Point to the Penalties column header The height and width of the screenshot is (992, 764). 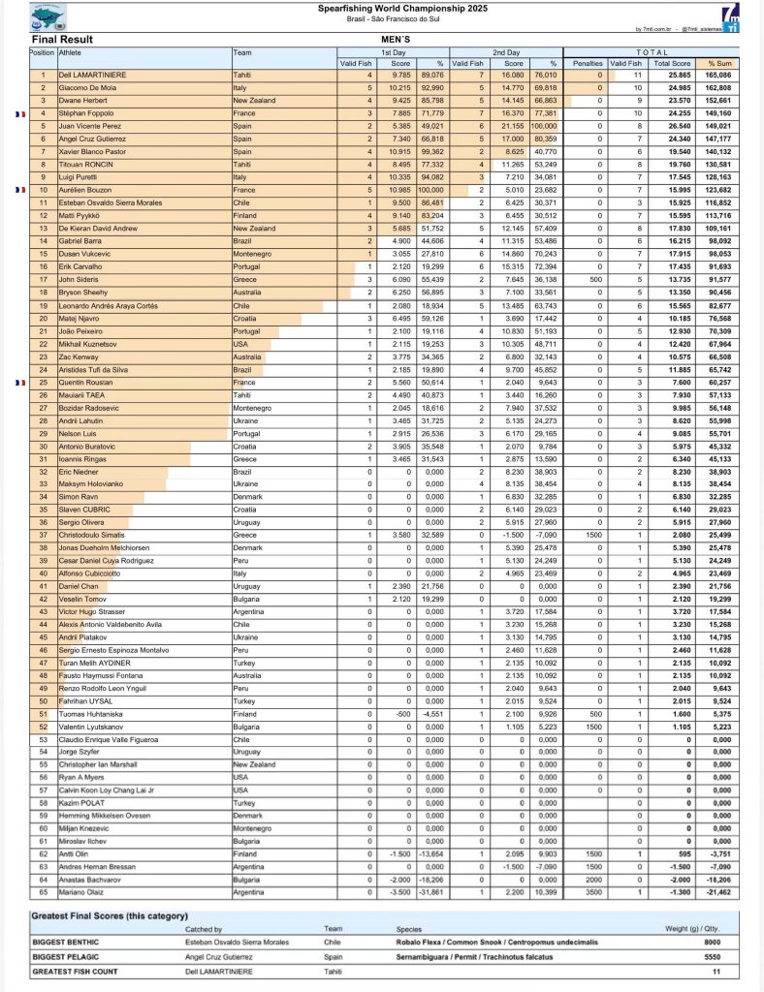(588, 62)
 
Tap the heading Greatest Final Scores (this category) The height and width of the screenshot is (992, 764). (110, 915)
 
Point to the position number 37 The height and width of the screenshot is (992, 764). (44, 534)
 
